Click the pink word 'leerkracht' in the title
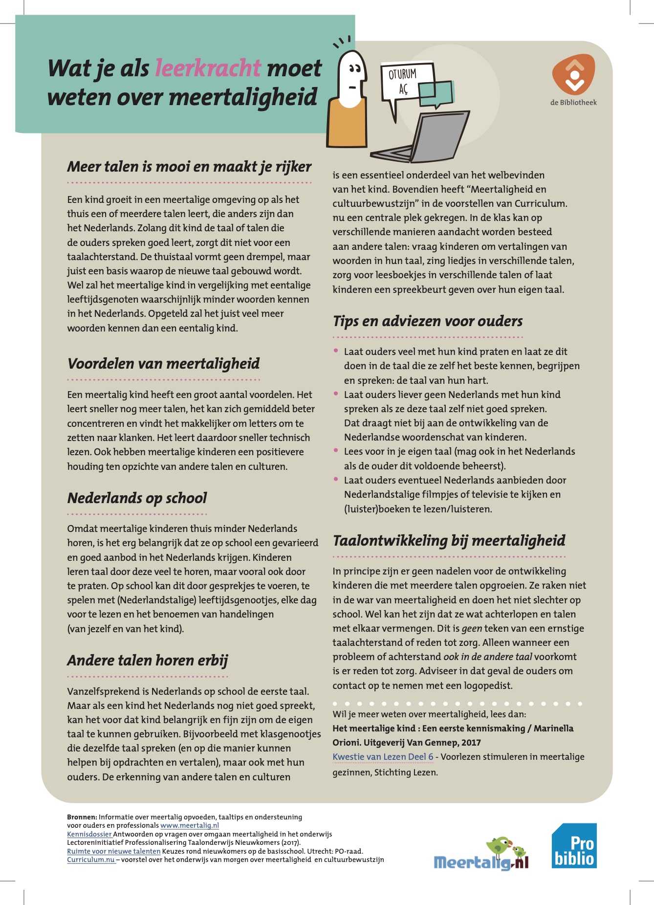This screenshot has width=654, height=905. click(208, 68)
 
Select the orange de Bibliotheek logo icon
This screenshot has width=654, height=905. click(574, 75)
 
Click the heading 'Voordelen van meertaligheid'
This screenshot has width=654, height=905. click(163, 364)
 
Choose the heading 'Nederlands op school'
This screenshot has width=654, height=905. click(137, 498)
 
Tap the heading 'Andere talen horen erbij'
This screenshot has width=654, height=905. click(148, 661)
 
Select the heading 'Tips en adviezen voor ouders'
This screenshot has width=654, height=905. click(428, 321)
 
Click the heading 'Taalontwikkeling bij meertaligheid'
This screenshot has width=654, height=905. click(449, 541)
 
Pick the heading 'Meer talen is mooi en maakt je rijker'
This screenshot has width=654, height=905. click(189, 167)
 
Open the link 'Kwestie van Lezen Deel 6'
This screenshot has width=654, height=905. click(383, 757)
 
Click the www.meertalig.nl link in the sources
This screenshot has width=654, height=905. click(190, 825)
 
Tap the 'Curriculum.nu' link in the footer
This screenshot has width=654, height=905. click(91, 860)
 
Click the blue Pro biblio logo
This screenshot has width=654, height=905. click(574, 846)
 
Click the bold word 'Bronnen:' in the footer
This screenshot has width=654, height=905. click(82, 817)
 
